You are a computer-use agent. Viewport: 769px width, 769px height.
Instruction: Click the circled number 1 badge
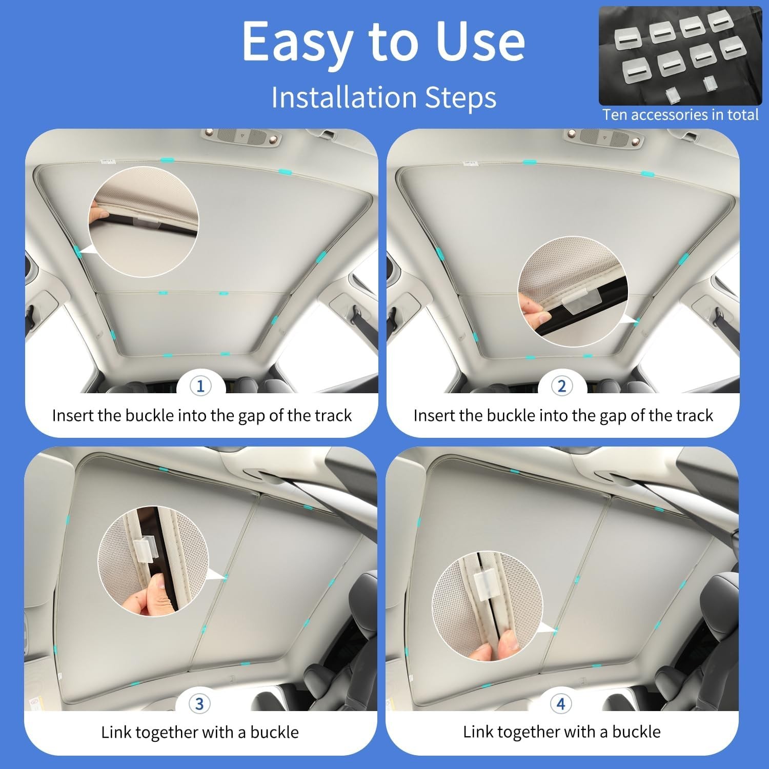(200, 386)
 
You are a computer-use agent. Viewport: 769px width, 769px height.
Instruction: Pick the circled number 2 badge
(562, 386)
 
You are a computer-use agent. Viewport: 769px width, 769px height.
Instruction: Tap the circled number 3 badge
(199, 704)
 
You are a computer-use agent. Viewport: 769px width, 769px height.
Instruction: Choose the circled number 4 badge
(561, 704)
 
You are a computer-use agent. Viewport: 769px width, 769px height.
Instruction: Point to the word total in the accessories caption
(742, 114)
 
